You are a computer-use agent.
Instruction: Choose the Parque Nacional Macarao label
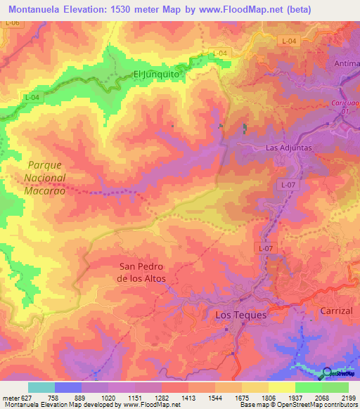click(46, 177)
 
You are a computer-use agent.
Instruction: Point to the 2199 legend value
click(348, 398)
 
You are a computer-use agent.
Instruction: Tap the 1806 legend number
click(268, 398)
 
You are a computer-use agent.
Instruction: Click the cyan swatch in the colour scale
click(41, 387)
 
